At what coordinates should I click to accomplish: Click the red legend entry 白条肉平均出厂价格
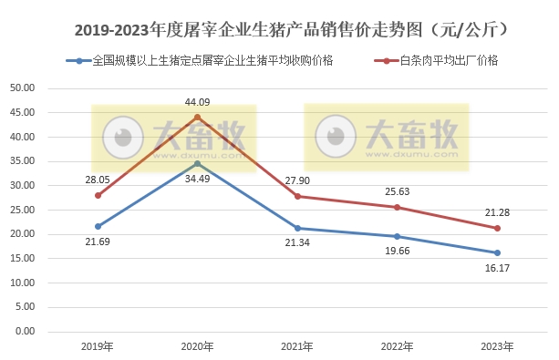448,61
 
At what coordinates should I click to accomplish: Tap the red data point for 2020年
197,117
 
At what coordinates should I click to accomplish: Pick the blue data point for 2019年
98,226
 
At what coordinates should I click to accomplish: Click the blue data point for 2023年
497,252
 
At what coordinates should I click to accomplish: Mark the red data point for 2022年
397,207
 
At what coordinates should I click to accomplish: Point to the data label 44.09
197,102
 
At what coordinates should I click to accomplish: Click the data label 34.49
197,178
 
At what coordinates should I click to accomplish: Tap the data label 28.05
98,180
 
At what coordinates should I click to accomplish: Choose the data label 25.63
397,191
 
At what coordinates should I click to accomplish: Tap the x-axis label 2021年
297,346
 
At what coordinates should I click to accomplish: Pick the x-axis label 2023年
497,346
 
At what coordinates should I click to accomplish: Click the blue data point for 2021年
297,228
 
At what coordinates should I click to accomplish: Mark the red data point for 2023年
497,228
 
